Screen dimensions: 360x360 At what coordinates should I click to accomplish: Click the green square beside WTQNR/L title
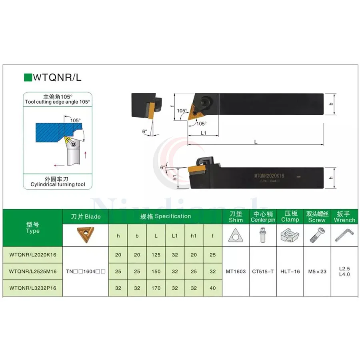pos(28,77)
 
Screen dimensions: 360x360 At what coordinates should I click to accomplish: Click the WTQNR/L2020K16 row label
pos(33,254)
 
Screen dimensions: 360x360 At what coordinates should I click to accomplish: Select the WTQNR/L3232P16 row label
pos(33,288)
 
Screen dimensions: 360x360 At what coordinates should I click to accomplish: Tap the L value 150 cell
pos(156,271)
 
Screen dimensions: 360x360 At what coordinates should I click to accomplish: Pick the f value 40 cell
pos(213,288)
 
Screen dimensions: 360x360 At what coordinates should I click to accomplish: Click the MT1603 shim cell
pos(236,271)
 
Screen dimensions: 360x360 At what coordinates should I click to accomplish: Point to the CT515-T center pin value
pos(263,271)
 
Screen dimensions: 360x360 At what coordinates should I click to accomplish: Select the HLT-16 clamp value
pos(290,271)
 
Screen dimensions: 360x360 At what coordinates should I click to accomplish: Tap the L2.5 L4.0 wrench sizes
pos(344,271)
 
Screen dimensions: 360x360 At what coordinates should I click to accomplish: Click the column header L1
pos(174,236)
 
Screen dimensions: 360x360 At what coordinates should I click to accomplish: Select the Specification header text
pos(165,216)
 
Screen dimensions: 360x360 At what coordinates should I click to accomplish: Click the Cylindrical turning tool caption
pos(58,184)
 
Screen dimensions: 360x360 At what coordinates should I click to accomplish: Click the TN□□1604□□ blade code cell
pos(86,271)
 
